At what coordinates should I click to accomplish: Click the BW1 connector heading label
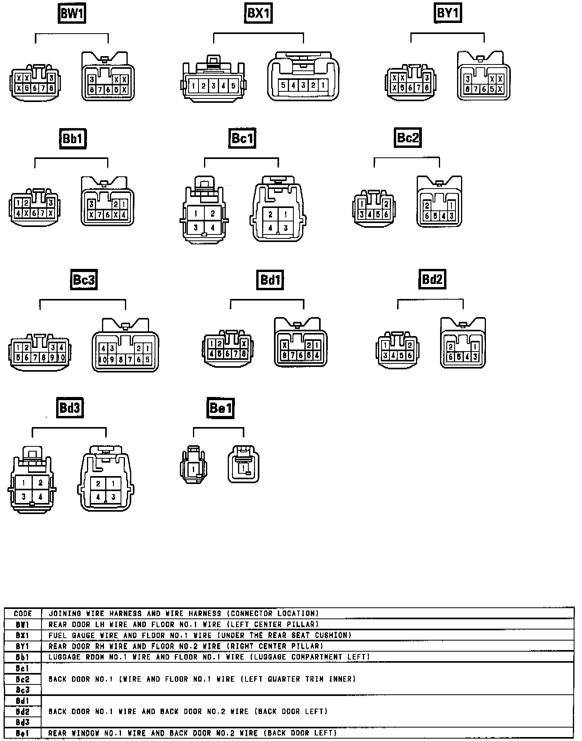[x=72, y=13]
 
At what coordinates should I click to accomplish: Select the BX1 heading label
[x=258, y=13]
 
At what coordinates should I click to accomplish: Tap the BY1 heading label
[x=448, y=13]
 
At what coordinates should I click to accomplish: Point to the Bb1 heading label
[x=73, y=138]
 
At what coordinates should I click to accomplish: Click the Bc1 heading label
[x=242, y=138]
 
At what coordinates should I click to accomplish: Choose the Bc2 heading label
[x=408, y=137]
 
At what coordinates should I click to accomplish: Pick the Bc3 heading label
[x=84, y=280]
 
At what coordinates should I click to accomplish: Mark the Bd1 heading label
[x=270, y=280]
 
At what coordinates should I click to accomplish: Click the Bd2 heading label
[x=432, y=279]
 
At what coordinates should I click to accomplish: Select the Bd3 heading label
[x=70, y=408]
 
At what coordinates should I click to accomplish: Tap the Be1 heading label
[x=221, y=408]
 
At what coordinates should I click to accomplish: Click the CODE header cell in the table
[x=23, y=614]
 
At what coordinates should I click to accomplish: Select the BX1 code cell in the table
[x=23, y=635]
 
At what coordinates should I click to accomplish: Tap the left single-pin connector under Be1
[x=193, y=465]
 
